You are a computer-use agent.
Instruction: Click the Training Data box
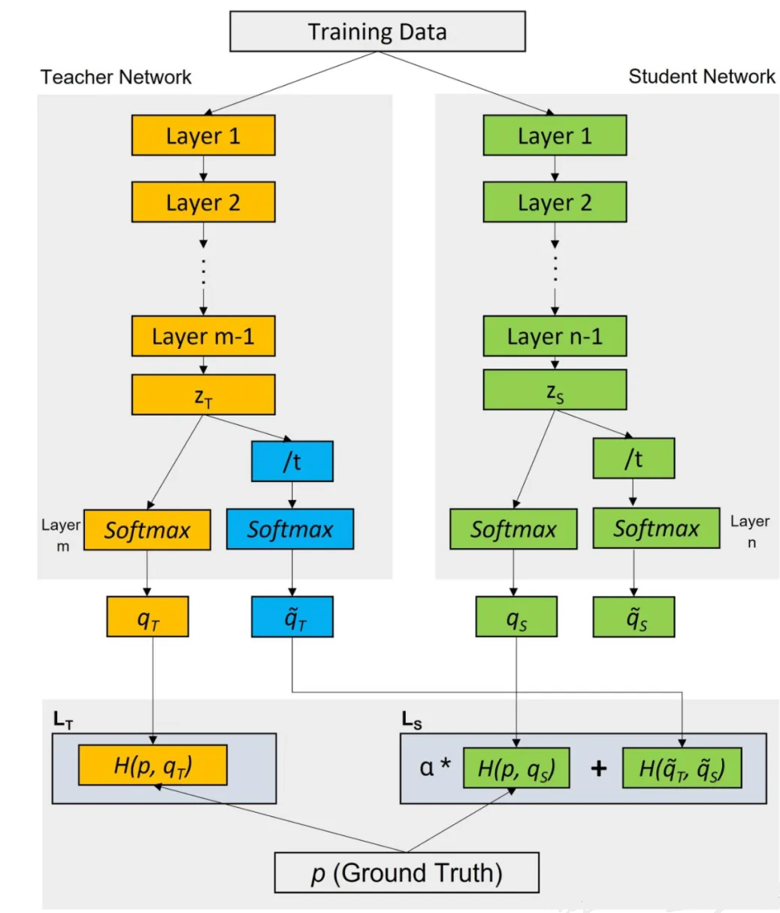coord(377,32)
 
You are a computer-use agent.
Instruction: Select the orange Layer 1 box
coord(203,135)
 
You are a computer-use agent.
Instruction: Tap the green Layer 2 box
coord(555,202)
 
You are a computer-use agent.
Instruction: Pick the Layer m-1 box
coord(203,335)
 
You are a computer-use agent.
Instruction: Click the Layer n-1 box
coord(555,335)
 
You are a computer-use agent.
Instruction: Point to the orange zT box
coord(203,394)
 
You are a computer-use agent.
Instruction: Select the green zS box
coord(555,390)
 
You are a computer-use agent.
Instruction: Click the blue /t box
coord(292,461)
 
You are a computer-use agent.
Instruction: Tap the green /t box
coord(633,458)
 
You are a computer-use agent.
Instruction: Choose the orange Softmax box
coord(147,530)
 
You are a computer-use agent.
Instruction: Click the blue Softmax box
coord(290,529)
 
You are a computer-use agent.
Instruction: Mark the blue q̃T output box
coord(292,617)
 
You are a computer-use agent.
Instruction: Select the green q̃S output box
coord(633,617)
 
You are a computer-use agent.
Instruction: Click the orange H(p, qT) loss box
coord(153,765)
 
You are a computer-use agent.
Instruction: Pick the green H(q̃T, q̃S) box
coord(682,768)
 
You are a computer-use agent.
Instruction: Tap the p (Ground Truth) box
coord(407,872)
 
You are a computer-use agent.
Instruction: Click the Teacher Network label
coord(116,77)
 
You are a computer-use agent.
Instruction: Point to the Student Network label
coord(701,76)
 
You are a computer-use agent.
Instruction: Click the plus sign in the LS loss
coord(599,769)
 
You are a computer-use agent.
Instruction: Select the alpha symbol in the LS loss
coord(426,768)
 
